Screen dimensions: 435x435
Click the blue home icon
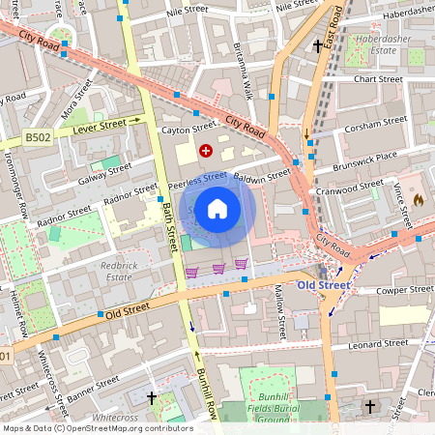tap(217, 207)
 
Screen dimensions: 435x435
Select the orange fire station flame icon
tap(418, 198)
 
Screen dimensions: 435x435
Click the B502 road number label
tap(38, 138)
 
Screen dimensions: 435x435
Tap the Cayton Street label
tap(189, 128)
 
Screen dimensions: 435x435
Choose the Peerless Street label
tap(197, 180)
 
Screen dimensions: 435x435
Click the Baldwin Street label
tap(264, 176)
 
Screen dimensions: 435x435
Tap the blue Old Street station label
tap(323, 285)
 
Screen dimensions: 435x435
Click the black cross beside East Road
tap(318, 45)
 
